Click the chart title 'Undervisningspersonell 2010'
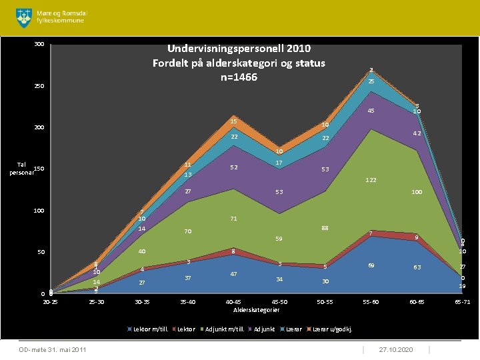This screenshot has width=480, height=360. [x=239, y=49]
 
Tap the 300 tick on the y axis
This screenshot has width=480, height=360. [x=39, y=45]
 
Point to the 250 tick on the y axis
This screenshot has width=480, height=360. [x=39, y=87]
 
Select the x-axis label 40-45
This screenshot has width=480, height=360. [x=235, y=302]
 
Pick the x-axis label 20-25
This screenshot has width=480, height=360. [x=49, y=302]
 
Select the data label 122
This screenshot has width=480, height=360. [x=372, y=180]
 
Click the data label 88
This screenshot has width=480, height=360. [x=325, y=228]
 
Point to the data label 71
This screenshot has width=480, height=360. [x=234, y=219]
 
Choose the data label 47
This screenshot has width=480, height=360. [x=234, y=274]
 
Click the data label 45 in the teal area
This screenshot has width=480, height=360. [x=371, y=111]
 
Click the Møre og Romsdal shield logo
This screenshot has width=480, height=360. [x=23, y=17]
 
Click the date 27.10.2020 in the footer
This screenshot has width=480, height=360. [x=395, y=350]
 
